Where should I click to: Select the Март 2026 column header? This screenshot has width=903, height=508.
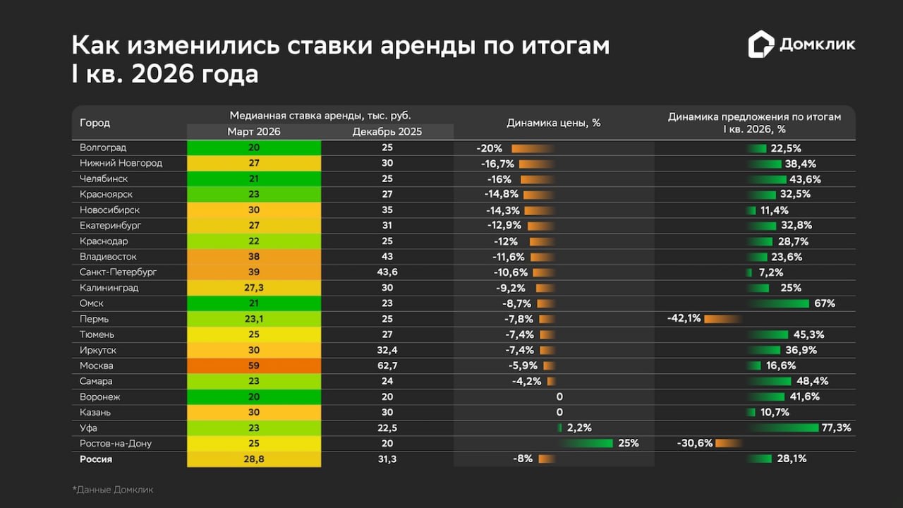pyautogui.click(x=254, y=132)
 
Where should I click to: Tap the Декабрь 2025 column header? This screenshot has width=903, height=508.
pyautogui.click(x=387, y=132)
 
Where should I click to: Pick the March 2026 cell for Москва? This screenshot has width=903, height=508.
pyautogui.click(x=254, y=365)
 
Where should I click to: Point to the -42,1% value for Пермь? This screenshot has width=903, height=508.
pyautogui.click(x=684, y=319)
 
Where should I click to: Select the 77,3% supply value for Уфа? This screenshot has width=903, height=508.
pyautogui.click(x=837, y=428)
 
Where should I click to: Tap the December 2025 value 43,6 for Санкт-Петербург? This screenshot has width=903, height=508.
pyautogui.click(x=387, y=272)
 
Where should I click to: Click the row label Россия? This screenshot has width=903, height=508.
pyautogui.click(x=96, y=459)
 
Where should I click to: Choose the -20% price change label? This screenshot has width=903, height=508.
pyautogui.click(x=489, y=148)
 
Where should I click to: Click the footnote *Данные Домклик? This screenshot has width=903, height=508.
pyautogui.click(x=112, y=489)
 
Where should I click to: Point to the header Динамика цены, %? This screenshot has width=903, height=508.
pyautogui.click(x=554, y=123)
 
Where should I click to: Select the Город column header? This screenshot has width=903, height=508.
pyautogui.click(x=95, y=123)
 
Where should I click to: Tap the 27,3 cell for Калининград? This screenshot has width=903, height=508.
pyautogui.click(x=254, y=288)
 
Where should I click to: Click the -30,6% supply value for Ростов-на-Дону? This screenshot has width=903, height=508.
pyautogui.click(x=694, y=443)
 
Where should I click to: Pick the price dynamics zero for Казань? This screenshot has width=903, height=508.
pyautogui.click(x=559, y=412)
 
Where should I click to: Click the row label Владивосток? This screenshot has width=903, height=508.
pyautogui.click(x=108, y=257)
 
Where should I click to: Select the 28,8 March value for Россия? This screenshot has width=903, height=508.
pyautogui.click(x=254, y=459)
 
